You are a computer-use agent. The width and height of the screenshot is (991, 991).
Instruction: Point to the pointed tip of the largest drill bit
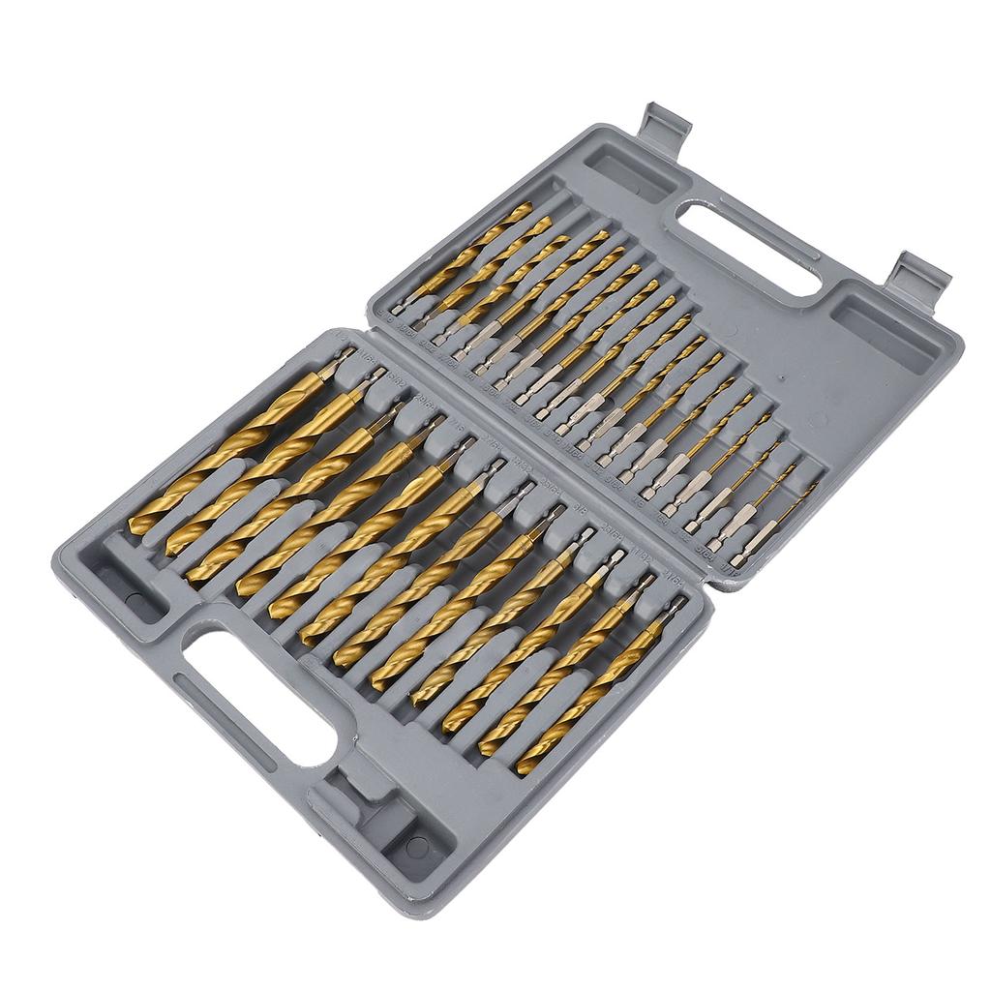[x=136, y=526]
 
